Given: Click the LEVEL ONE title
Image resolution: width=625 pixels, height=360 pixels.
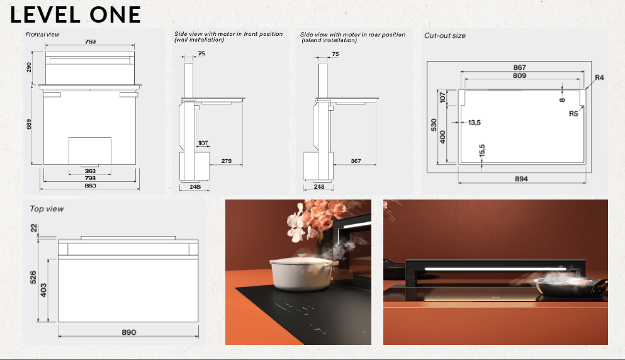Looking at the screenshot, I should click(76, 14).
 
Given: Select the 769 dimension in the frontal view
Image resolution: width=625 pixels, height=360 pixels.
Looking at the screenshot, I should click(90, 42).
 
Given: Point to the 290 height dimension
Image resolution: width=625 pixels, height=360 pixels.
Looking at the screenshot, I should click(29, 67).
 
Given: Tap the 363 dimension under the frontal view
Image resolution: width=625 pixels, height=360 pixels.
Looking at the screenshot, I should click(90, 171).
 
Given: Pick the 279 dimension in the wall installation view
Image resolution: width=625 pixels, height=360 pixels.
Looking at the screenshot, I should click(227, 161).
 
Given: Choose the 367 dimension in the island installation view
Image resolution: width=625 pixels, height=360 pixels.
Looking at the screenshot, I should click(356, 161).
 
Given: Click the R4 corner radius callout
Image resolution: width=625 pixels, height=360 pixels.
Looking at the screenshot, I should click(599, 77).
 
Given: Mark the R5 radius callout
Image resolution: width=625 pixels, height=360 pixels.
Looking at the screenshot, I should click(573, 114).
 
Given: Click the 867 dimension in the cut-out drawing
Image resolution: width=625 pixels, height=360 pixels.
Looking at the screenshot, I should click(519, 67).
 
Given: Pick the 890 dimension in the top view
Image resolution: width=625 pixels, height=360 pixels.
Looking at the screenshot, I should click(128, 332).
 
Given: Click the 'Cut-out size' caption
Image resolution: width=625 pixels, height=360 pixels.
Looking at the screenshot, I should click(445, 36).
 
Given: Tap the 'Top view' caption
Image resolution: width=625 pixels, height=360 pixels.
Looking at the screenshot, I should click(47, 208).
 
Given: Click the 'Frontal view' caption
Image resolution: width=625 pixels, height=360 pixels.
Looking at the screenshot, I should click(43, 34).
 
